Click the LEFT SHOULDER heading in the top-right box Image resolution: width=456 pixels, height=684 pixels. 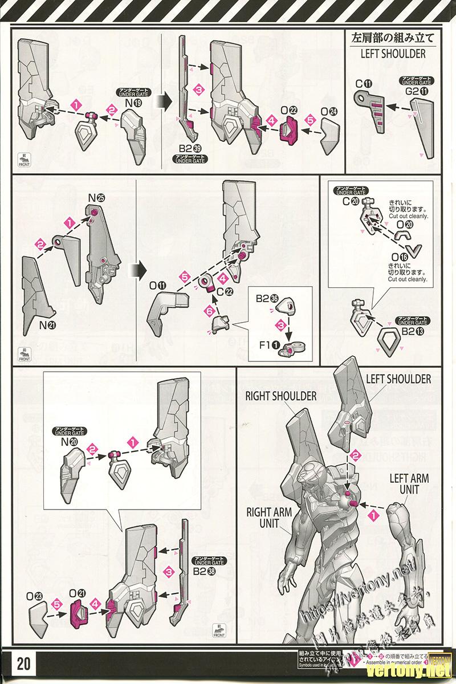click(x=393, y=54)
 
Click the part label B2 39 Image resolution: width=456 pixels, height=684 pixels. click(x=189, y=149)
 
